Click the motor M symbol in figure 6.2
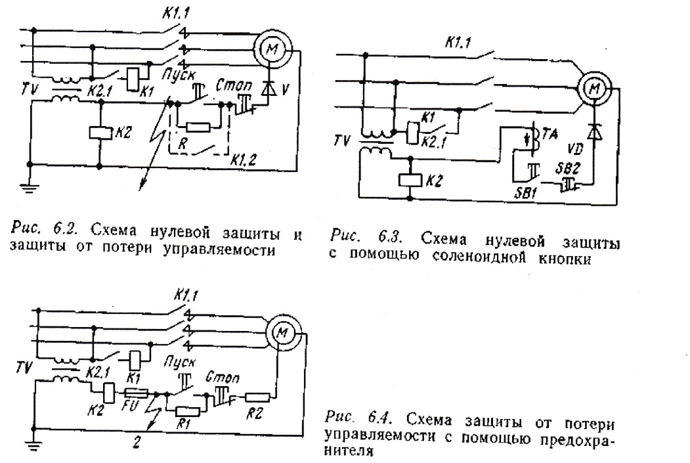point(272,49)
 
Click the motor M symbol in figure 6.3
point(595,90)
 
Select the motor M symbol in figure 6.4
point(282,333)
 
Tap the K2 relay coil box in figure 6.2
point(101,133)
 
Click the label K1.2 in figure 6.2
point(244,160)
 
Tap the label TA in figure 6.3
point(550,133)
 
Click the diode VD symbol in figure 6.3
point(594,131)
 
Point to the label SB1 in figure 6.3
point(525,192)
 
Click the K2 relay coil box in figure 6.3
point(410,180)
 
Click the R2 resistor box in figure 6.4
point(257,397)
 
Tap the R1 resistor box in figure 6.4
point(188,412)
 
